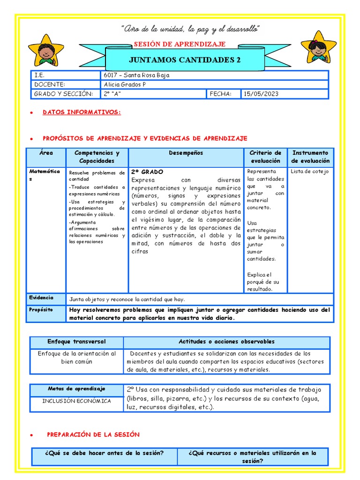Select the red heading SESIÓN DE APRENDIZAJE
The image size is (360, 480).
pos(180,44)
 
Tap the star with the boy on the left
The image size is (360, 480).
pos(45,51)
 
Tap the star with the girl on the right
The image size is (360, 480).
pos(319,49)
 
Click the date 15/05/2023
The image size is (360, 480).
pos(261,94)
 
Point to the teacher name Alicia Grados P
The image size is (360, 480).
pos(125,84)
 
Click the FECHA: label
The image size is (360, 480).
pos(220,94)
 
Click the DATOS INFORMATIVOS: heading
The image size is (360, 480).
pos(82,112)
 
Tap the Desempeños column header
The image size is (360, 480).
pos(186,153)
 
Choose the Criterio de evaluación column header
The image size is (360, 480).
pos(265,157)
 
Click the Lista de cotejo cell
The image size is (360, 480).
pos(309,171)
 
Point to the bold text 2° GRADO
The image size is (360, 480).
pos(147,172)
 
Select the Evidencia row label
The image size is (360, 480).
pos(41,298)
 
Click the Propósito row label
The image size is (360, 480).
pos(41,310)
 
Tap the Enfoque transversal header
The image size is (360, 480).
pos(76,342)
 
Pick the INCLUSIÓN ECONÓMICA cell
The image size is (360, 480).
pos(76,401)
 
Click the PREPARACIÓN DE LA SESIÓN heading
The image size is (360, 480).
pos(93,435)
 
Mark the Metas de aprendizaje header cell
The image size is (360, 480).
pos(76,389)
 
